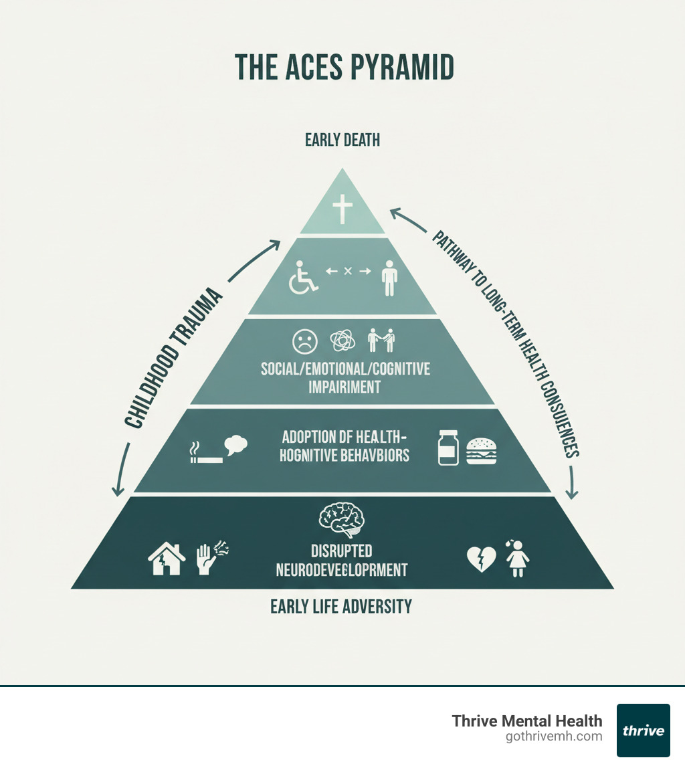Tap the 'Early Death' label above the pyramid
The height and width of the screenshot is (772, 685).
[x=342, y=140]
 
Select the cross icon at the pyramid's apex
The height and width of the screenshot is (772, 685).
[x=342, y=209]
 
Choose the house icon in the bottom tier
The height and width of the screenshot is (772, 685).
[x=167, y=559]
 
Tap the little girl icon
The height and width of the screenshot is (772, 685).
[x=518, y=559]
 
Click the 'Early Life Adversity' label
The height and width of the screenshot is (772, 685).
[x=341, y=607]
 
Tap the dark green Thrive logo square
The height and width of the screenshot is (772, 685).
[x=643, y=731]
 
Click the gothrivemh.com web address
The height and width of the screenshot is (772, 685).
[x=555, y=737]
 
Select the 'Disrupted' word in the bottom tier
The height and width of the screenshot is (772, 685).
[x=341, y=551]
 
